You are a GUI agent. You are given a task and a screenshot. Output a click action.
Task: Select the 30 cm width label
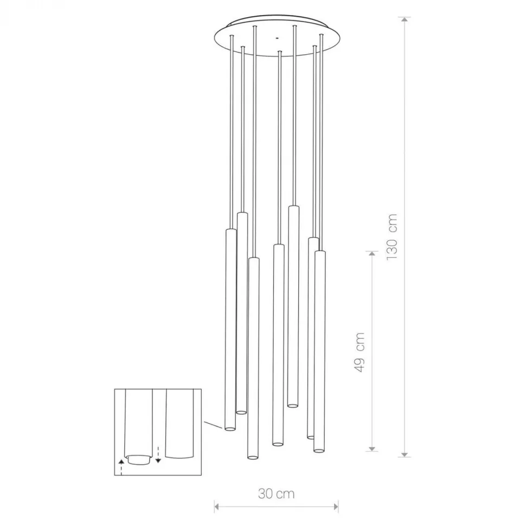tap(277, 493)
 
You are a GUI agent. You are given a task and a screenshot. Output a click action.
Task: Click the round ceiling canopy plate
tap(277, 38)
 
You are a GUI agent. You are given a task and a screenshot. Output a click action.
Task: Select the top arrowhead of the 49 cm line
tap(372, 253)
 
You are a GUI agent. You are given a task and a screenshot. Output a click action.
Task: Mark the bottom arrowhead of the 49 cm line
tap(372, 448)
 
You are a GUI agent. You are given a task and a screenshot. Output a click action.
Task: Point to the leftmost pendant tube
tap(230, 325)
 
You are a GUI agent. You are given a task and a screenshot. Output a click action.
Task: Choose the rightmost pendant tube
tap(319, 347)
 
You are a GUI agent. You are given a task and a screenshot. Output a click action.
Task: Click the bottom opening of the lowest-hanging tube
tap(252, 457)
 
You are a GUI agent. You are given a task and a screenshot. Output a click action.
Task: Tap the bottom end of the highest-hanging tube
tap(293, 404)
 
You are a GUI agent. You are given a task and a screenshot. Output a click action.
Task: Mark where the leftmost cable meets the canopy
tap(232, 36)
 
